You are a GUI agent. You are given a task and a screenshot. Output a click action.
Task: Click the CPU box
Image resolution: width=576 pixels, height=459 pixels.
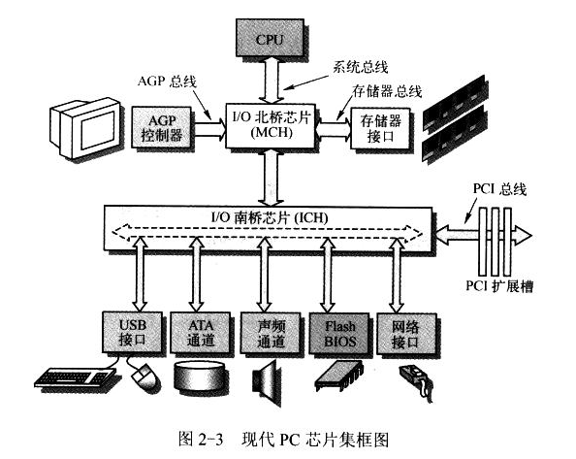click(x=270, y=38)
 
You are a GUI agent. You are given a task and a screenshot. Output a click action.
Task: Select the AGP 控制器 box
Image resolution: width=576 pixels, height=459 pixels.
click(x=162, y=127)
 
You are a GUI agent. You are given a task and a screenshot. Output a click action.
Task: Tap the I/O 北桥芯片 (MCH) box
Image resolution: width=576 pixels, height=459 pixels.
click(x=271, y=125)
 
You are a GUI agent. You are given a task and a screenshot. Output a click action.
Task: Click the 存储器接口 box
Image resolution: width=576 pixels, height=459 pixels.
click(x=380, y=128)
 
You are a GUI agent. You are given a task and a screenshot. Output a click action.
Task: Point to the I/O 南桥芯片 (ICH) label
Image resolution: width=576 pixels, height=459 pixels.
click(x=270, y=218)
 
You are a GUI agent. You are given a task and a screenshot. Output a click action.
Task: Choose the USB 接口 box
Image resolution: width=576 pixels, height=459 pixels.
click(x=132, y=333)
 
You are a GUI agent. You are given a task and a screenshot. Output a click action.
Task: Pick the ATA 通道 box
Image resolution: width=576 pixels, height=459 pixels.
click(x=201, y=333)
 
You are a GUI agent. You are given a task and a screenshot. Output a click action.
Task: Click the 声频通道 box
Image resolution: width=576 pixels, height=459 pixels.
click(x=271, y=333)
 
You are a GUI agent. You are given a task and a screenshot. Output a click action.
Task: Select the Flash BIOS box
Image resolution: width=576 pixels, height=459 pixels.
click(x=339, y=333)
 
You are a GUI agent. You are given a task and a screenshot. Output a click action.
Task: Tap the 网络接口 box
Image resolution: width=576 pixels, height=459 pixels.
click(x=406, y=334)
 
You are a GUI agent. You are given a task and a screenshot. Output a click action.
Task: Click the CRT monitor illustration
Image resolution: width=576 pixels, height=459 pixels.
click(x=85, y=128)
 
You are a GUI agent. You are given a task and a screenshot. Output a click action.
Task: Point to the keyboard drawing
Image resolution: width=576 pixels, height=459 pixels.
click(x=76, y=377)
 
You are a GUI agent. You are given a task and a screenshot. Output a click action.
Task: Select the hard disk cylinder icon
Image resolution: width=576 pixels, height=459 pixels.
click(x=199, y=377)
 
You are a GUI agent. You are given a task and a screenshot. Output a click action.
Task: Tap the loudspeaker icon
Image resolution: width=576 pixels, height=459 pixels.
click(x=266, y=382)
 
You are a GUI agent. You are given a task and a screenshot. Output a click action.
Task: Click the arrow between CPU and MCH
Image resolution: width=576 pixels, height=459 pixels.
click(x=272, y=81)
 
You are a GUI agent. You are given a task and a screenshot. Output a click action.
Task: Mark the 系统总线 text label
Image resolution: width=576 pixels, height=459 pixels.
click(x=361, y=68)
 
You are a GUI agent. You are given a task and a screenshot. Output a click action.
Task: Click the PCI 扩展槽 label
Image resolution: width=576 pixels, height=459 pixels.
click(x=499, y=285)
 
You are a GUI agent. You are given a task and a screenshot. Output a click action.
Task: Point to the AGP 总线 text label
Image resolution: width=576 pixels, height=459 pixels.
click(x=168, y=82)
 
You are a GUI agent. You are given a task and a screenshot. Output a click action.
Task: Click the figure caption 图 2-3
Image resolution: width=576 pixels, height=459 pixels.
click(x=201, y=439)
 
